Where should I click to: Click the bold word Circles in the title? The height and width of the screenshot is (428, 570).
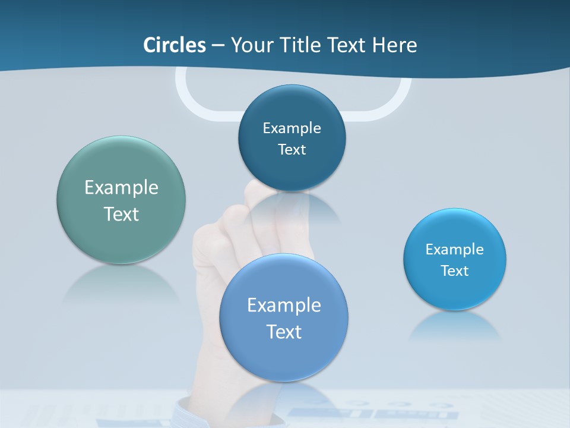175,45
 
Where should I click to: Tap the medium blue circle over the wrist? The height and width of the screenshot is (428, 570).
283,357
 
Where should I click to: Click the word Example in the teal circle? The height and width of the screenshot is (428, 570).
121,188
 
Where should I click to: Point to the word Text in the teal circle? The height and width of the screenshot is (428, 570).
121,214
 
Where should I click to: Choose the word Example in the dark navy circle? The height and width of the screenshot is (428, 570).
292,128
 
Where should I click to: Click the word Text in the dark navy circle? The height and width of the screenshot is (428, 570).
292,149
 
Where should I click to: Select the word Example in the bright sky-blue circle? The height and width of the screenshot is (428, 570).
455,249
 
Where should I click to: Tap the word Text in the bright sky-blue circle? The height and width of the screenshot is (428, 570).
455,270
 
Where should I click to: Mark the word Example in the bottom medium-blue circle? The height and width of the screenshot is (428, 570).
284,305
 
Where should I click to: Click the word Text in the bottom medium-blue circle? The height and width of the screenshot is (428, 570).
284,331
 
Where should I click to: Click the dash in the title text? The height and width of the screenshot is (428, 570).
217,46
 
